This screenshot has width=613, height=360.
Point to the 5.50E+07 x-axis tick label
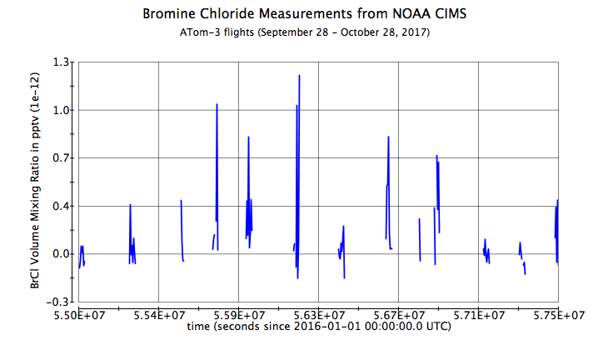pos(79,315)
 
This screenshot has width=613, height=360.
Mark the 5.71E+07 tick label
pos(478,315)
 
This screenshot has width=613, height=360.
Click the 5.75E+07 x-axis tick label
pos(557,315)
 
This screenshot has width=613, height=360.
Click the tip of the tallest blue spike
pos(299,75)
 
